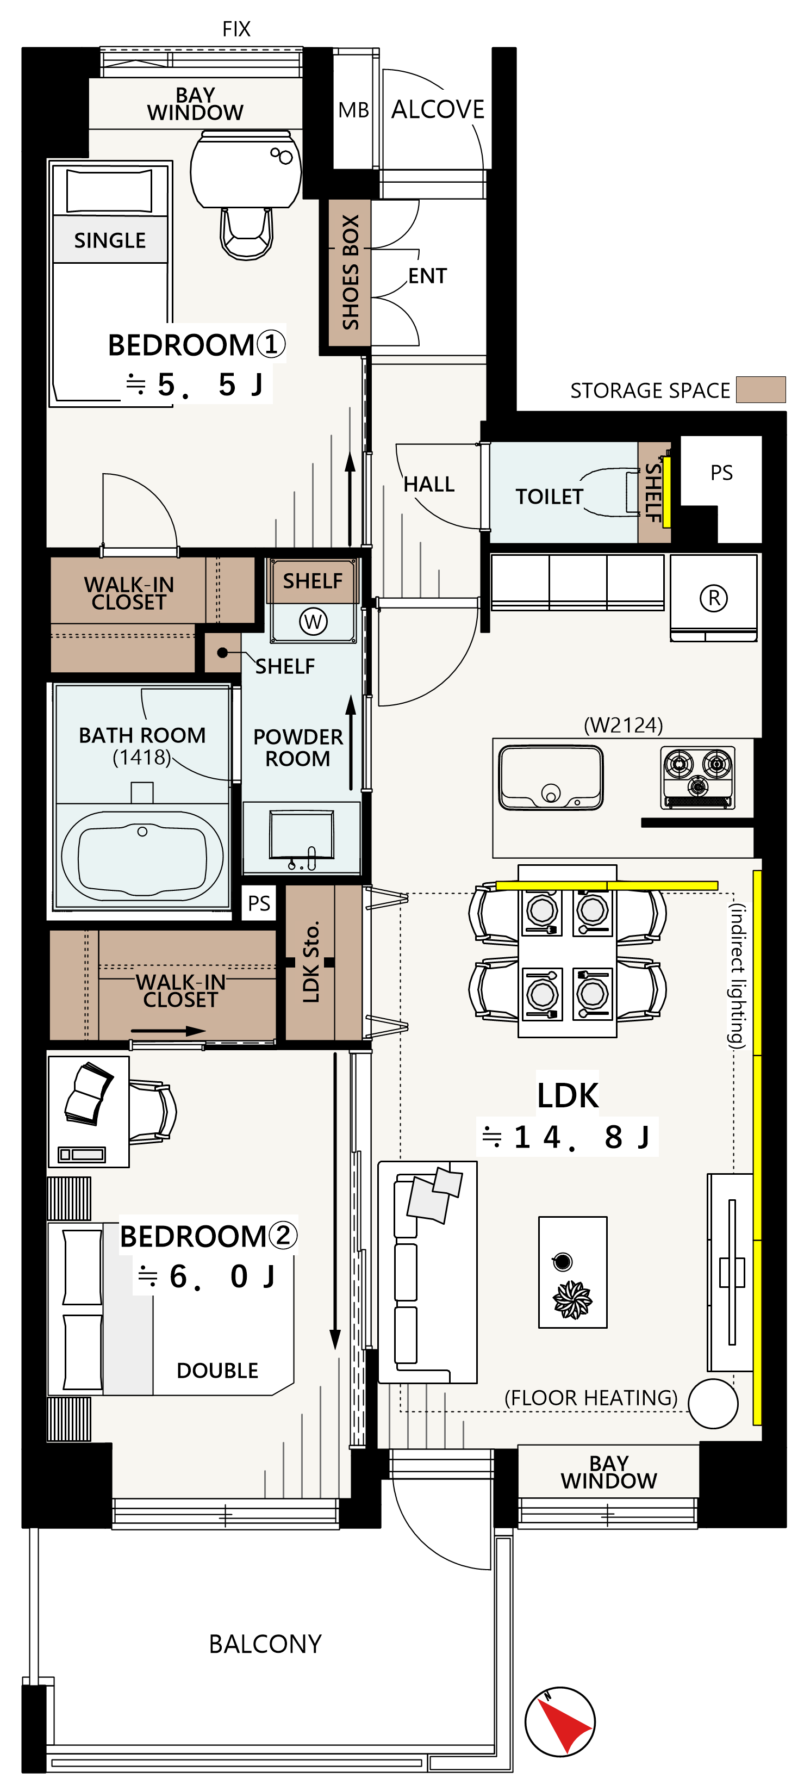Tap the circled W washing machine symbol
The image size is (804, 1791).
(x=313, y=621)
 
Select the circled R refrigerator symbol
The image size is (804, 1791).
(x=714, y=598)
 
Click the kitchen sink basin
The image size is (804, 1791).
(x=550, y=777)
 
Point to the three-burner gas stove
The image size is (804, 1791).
(x=697, y=777)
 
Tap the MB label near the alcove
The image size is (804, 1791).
(x=354, y=110)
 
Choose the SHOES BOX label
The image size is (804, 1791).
(x=350, y=272)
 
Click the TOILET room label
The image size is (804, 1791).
(x=549, y=497)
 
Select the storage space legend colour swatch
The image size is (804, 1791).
(x=761, y=389)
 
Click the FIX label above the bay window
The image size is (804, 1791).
(x=236, y=29)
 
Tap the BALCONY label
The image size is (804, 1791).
(x=265, y=1644)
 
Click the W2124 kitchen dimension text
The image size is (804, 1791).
(x=624, y=725)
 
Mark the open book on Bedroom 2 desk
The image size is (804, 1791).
(x=88, y=1092)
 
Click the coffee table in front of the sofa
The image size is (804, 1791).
(x=572, y=1272)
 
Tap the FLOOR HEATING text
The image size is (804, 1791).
(x=591, y=1397)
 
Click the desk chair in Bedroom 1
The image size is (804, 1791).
(x=246, y=233)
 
